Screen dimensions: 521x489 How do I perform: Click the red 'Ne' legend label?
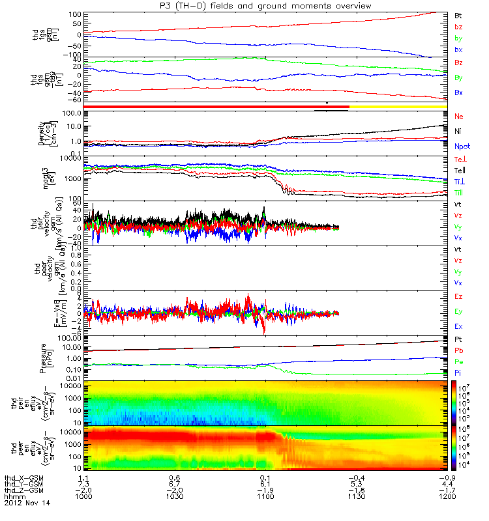click(x=458, y=116)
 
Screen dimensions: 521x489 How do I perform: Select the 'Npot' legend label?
click(x=462, y=147)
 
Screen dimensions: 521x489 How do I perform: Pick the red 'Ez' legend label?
click(x=458, y=296)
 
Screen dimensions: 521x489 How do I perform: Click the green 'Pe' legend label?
click(x=458, y=361)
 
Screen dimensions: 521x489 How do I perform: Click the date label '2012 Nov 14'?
click(x=27, y=503)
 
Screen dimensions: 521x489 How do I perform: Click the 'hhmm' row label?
click(x=13, y=496)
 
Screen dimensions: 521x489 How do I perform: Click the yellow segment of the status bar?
click(x=398, y=106)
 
